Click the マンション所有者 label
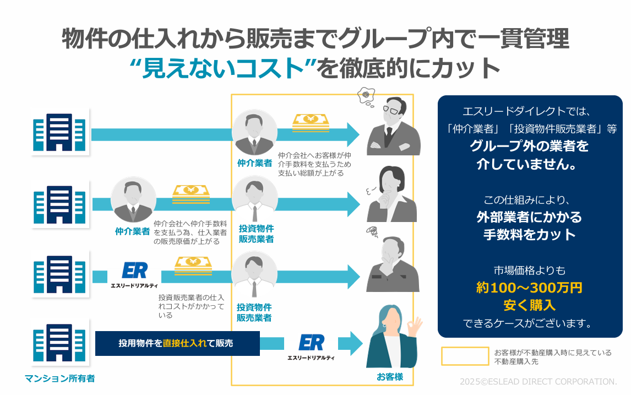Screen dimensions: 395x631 [x=59, y=378]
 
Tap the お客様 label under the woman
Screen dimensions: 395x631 [x=390, y=377]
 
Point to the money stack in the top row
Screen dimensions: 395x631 [x=311, y=122]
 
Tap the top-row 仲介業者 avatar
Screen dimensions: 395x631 [x=254, y=134]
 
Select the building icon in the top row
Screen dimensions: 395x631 [x=59, y=132]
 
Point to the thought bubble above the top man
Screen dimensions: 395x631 [x=366, y=97]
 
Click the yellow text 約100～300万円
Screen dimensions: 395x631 [x=529, y=288]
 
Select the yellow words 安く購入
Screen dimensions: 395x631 [x=529, y=305]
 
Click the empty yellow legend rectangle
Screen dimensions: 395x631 [x=465, y=356]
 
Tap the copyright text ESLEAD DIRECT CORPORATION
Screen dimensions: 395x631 [x=538, y=381]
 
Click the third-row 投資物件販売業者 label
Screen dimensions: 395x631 [x=254, y=312]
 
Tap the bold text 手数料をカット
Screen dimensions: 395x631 [x=529, y=234]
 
